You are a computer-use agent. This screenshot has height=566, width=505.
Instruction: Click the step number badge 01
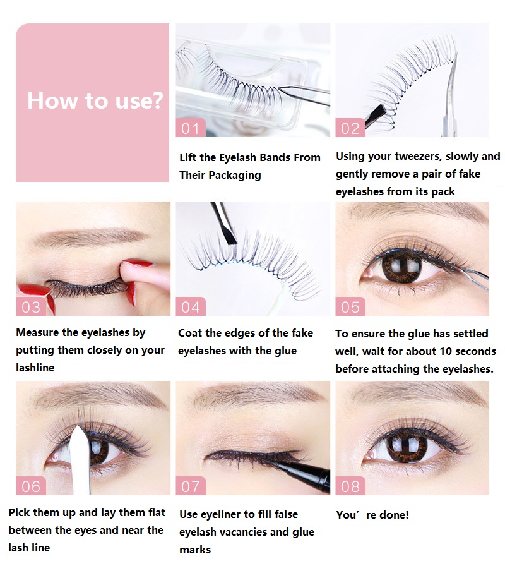point(191,128)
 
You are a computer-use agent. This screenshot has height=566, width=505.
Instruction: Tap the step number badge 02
point(350,128)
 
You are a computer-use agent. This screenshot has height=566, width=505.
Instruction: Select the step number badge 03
point(31,306)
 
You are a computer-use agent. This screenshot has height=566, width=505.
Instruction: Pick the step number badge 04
point(191,306)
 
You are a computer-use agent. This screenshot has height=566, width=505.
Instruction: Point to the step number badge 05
point(350,306)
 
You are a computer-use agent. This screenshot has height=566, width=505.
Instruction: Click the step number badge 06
point(31,486)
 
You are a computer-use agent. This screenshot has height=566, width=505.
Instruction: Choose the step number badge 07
point(191,486)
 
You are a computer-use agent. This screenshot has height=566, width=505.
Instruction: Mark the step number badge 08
point(350,486)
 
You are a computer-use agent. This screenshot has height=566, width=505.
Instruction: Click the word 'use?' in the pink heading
point(140,101)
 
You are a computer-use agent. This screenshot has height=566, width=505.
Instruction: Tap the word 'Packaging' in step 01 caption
point(235,176)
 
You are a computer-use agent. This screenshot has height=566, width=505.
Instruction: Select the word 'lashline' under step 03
point(35,368)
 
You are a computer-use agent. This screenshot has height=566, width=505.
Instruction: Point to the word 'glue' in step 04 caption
point(285,351)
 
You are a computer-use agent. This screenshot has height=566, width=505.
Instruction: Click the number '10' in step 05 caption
point(443,351)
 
